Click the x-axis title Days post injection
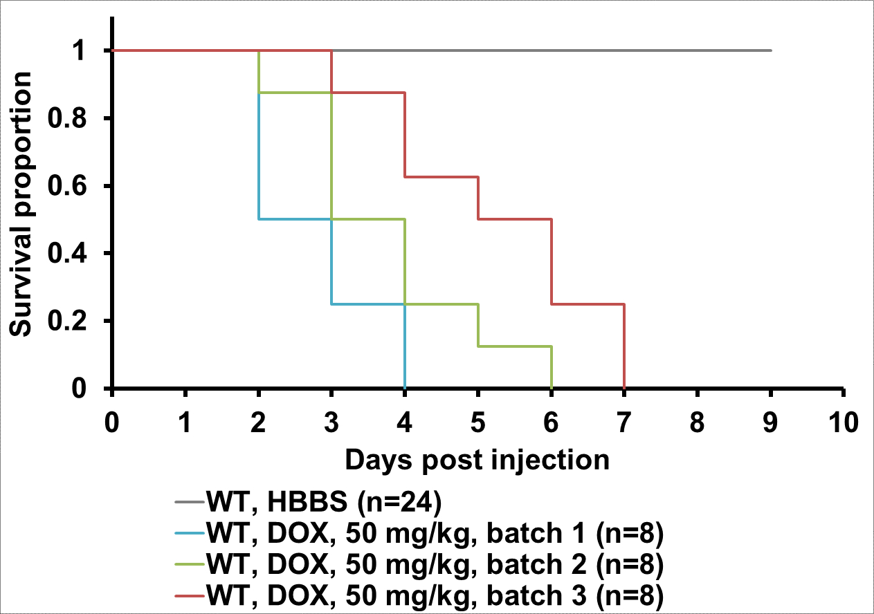coord(477,459)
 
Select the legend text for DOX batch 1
coord(435,534)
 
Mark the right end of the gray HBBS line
coord(770,50)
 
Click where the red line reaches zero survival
coord(624,388)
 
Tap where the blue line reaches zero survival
coord(405,388)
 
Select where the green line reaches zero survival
coord(552,388)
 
